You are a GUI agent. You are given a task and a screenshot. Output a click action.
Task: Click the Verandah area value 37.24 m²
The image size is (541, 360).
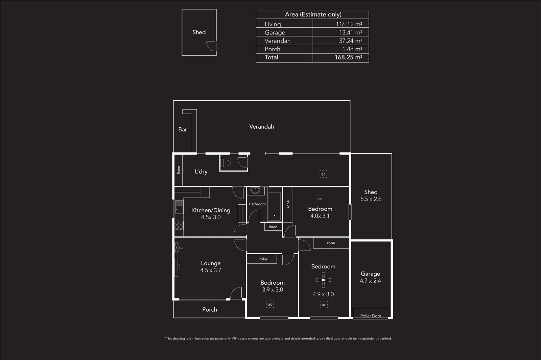pyautogui.click(x=350, y=41)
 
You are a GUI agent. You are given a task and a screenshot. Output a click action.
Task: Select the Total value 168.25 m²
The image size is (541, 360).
pyautogui.click(x=348, y=57)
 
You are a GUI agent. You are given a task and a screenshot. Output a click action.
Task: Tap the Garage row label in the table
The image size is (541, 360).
pyautogui.click(x=275, y=32)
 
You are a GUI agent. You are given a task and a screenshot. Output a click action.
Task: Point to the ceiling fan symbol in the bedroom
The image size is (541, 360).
pyautogui.click(x=323, y=280)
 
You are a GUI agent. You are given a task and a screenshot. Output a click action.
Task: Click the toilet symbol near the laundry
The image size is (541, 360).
pyautogui.click(x=226, y=163)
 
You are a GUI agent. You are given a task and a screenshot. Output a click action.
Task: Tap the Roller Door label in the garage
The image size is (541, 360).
pyautogui.click(x=371, y=316)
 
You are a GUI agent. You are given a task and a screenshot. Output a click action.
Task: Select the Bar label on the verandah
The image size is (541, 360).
pyautogui.click(x=183, y=129)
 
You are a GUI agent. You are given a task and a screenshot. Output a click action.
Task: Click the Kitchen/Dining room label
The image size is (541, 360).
pyautogui.click(x=211, y=210)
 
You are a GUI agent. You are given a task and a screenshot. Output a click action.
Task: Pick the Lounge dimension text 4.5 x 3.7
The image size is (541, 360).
pyautogui.click(x=211, y=270)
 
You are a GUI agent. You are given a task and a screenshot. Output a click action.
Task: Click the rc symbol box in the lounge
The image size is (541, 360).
pyautogui.click(x=176, y=248)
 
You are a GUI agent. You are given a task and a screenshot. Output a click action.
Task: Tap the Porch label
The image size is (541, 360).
pyautogui.click(x=209, y=309)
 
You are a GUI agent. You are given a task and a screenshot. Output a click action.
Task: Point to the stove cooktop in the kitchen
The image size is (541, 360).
pyautogui.click(x=179, y=225)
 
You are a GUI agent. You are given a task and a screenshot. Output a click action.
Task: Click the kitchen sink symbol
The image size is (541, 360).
pyautogui.click(x=179, y=209)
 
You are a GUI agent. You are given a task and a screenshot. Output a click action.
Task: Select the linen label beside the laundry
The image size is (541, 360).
pyautogui.click(x=179, y=170)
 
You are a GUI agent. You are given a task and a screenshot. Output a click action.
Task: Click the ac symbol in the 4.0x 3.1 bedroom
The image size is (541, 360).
pyautogui.click(x=320, y=199)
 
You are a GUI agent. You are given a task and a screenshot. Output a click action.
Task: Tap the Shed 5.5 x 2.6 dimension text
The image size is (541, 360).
pyautogui.click(x=371, y=199)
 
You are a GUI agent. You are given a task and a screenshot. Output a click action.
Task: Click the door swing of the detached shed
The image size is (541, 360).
pyautogui.click(x=211, y=46)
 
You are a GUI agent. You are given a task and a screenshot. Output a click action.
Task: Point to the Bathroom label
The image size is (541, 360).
pyautogui.click(x=257, y=204)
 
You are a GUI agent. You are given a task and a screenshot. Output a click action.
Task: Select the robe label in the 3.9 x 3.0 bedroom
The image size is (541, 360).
pyautogui.click(x=263, y=259)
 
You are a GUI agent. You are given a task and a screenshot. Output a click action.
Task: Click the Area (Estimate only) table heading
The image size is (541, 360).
pyautogui.click(x=313, y=14)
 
